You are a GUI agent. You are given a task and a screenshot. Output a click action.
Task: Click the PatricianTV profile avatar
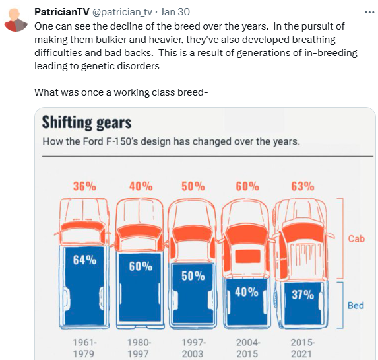tap(16, 20)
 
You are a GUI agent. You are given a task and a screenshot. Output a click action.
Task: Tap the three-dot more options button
tap(369, 12)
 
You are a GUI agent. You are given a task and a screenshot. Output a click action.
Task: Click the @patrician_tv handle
tap(122, 12)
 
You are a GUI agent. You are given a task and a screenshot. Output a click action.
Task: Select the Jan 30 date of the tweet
tap(175, 12)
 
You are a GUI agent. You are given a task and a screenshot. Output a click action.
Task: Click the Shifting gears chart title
tap(87, 122)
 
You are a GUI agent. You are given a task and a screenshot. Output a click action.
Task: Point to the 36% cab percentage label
tap(84, 186)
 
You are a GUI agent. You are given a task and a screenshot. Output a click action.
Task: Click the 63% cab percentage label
tap(303, 186)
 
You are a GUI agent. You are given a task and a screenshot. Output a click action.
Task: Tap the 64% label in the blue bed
tap(84, 260)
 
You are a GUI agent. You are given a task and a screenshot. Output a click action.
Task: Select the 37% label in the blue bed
tap(303, 295)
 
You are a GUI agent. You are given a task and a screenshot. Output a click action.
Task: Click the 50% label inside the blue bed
tap(193, 276)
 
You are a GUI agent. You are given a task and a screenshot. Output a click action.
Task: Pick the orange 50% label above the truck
tap(193, 186)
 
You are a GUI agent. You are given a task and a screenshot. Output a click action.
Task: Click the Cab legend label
tap(356, 239)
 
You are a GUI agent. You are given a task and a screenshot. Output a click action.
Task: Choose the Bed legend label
tap(356, 305)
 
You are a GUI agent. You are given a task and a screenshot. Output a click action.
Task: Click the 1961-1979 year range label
tap(84, 348)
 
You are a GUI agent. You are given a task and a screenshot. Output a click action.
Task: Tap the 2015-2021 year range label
tap(302, 348)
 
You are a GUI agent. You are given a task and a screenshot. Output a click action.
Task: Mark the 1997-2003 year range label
tap(193, 348)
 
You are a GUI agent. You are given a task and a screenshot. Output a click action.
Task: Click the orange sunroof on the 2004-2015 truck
tap(247, 256)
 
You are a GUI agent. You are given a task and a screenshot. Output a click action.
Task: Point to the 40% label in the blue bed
tap(247, 292)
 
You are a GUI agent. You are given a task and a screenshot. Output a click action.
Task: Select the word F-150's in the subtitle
tap(122, 141)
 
